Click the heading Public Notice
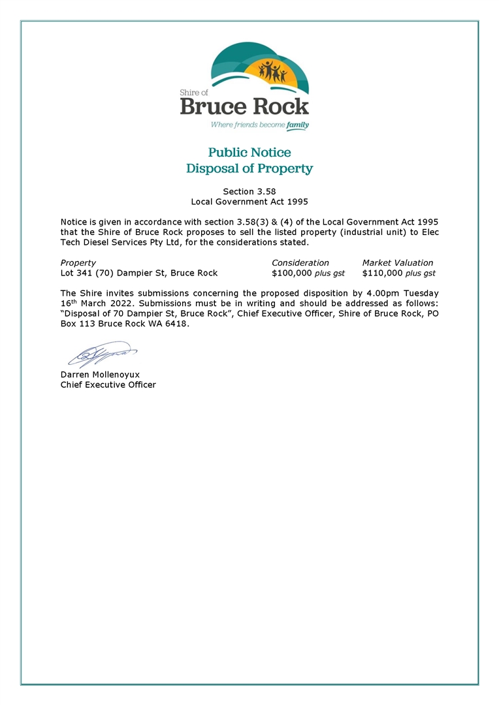249,152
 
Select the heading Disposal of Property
249,168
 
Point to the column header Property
78,262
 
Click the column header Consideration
300,262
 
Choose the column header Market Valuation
398,262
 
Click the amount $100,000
291,273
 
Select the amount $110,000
382,273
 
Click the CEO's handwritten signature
98,355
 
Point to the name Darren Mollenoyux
100,375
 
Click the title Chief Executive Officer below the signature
108,384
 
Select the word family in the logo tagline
297,124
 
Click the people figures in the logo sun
272,70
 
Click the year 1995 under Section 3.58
295,202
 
